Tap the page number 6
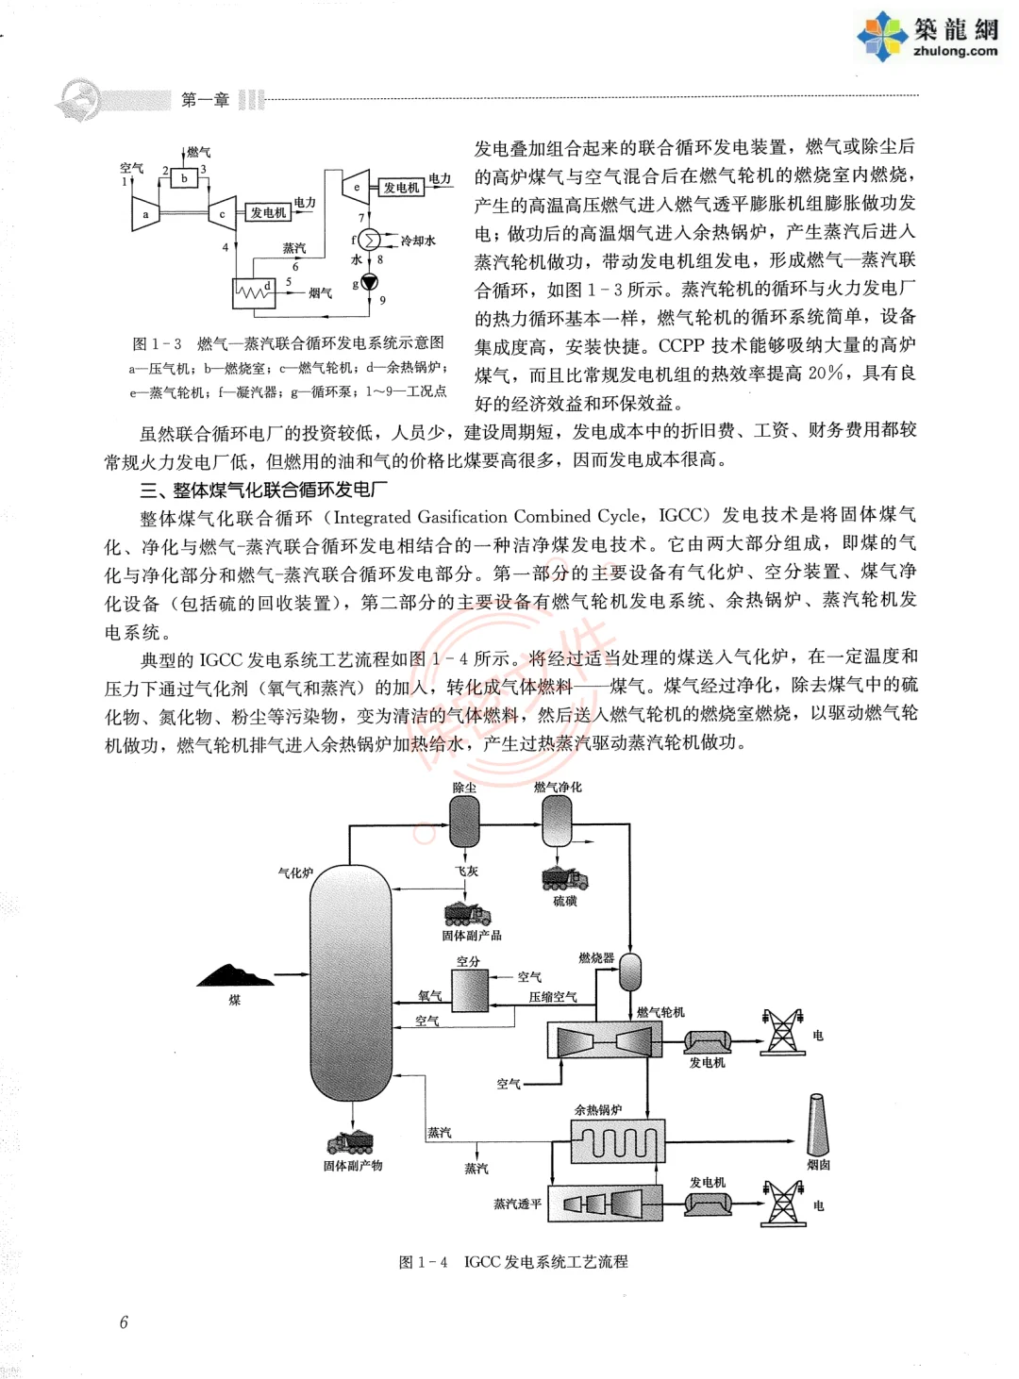tap(124, 1321)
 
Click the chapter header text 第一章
tap(205, 100)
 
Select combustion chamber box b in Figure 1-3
tap(184, 178)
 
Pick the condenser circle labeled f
tap(369, 241)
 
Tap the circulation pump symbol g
tap(370, 282)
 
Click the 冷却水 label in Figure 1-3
tap(418, 241)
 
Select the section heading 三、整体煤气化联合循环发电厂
tap(263, 490)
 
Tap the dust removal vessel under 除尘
tap(464, 822)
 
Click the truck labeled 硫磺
tap(564, 878)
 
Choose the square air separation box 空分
tap(469, 990)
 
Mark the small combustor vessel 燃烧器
tap(629, 972)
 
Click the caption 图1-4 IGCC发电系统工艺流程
tap(513, 1261)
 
